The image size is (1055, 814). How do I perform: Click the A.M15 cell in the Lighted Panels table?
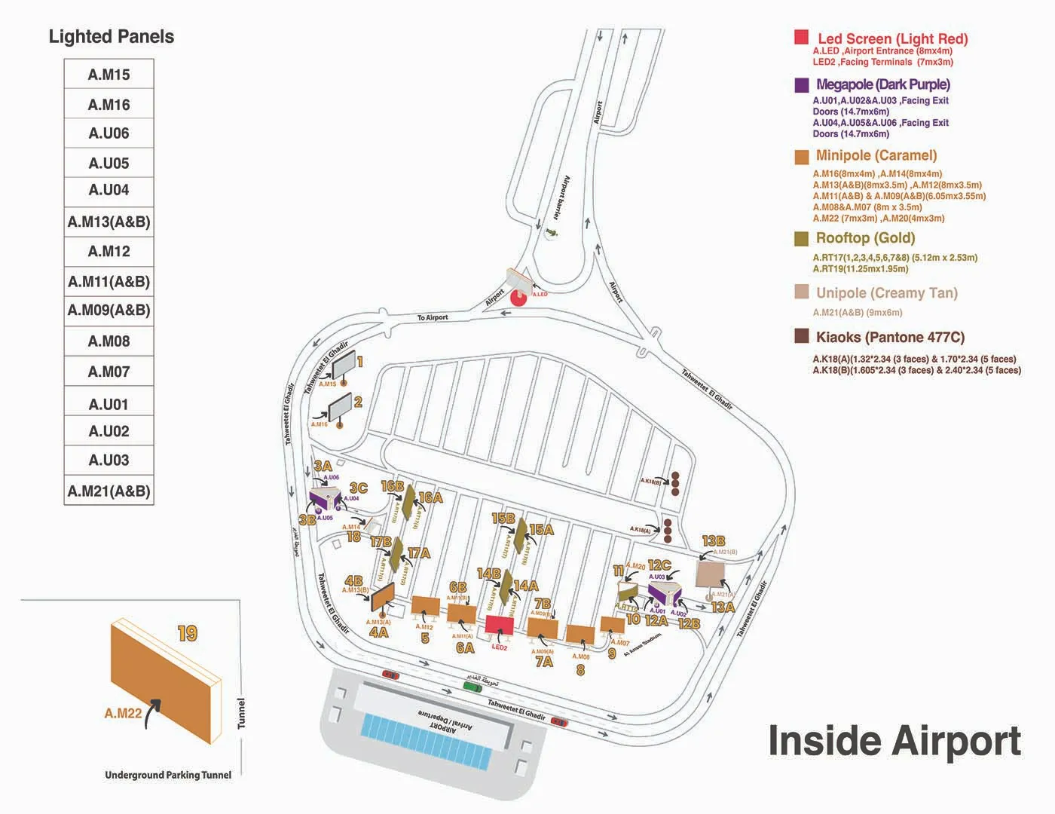109,75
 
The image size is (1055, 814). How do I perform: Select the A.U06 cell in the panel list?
109,133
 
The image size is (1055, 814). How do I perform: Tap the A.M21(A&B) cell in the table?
109,491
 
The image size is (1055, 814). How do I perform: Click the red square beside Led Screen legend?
801,38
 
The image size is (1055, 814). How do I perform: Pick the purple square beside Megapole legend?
801,84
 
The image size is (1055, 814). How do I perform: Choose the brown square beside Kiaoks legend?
801,336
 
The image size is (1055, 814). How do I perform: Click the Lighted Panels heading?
111,37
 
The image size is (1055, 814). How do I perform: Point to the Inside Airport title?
894,740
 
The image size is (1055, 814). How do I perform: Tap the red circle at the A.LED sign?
518,298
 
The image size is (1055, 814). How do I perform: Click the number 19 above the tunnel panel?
188,633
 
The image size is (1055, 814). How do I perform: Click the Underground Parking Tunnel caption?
168,775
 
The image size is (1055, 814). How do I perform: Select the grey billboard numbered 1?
342,366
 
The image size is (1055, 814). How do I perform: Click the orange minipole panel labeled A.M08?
579,635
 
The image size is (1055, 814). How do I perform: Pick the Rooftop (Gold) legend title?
865,238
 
